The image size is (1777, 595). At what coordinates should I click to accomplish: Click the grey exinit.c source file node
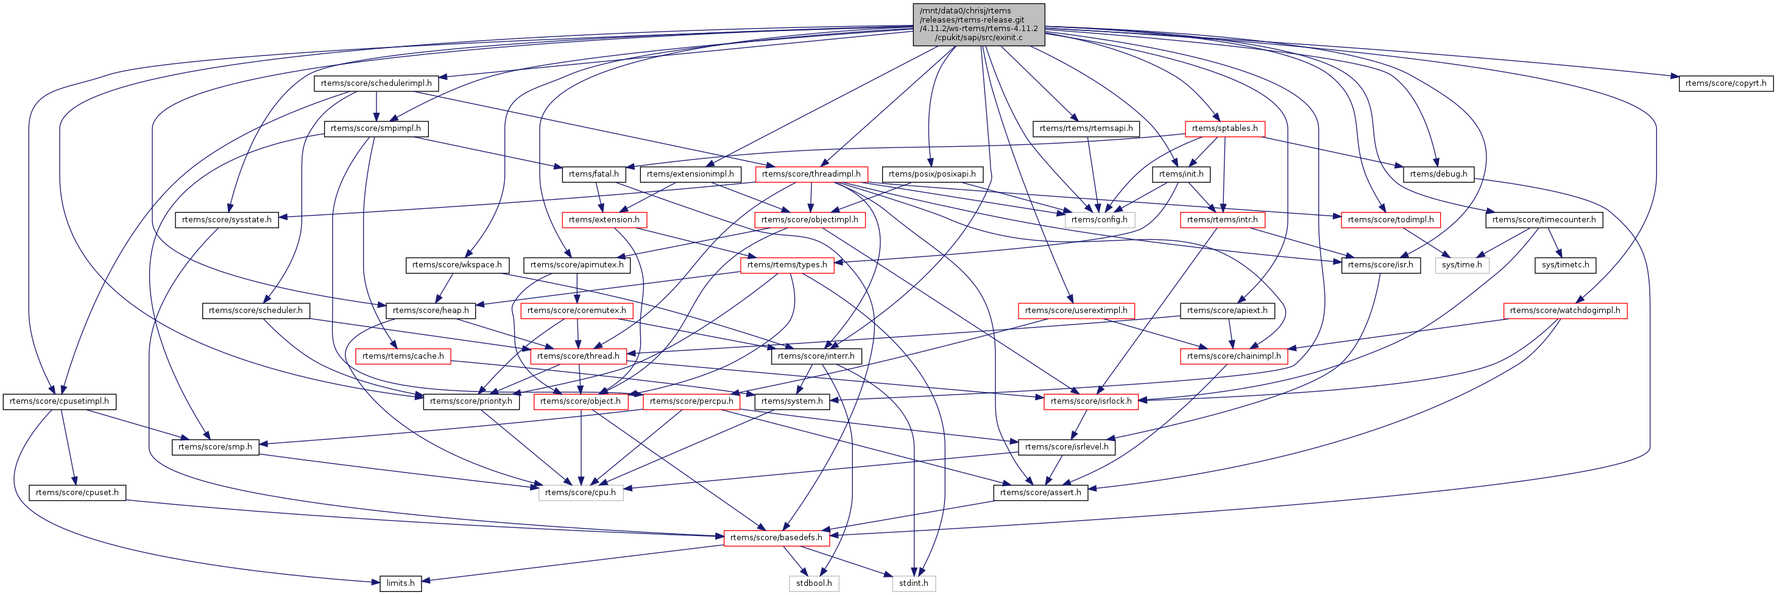click(978, 24)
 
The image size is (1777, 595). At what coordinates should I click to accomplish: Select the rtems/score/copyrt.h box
click(1725, 83)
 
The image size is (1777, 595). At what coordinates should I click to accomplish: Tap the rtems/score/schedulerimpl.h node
click(376, 83)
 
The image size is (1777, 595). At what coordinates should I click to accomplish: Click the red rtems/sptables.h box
click(1224, 129)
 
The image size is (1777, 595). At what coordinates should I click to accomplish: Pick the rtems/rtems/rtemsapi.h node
click(1086, 129)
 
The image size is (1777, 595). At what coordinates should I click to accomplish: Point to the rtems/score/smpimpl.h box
click(375, 129)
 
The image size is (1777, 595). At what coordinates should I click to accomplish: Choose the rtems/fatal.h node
click(593, 174)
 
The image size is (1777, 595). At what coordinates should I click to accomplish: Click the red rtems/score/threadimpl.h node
click(811, 174)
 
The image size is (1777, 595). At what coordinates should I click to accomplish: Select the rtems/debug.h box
click(1438, 174)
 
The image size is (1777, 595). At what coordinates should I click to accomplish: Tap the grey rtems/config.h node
click(1100, 219)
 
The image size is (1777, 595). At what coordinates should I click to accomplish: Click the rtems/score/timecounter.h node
click(1544, 219)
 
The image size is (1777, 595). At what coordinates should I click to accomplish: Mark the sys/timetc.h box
click(1565, 265)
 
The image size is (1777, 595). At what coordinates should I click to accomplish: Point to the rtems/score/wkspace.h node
click(457, 265)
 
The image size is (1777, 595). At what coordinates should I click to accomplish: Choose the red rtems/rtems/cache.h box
click(403, 356)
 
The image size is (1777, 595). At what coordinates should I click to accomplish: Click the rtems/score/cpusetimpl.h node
click(59, 401)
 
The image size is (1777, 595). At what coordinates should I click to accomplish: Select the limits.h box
click(400, 583)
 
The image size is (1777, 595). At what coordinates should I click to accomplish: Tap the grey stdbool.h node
click(814, 583)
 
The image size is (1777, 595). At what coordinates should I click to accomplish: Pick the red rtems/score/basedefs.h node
click(776, 537)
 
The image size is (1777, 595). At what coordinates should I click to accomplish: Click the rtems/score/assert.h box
click(1040, 492)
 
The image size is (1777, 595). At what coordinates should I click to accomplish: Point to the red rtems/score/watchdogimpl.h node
click(1565, 310)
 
